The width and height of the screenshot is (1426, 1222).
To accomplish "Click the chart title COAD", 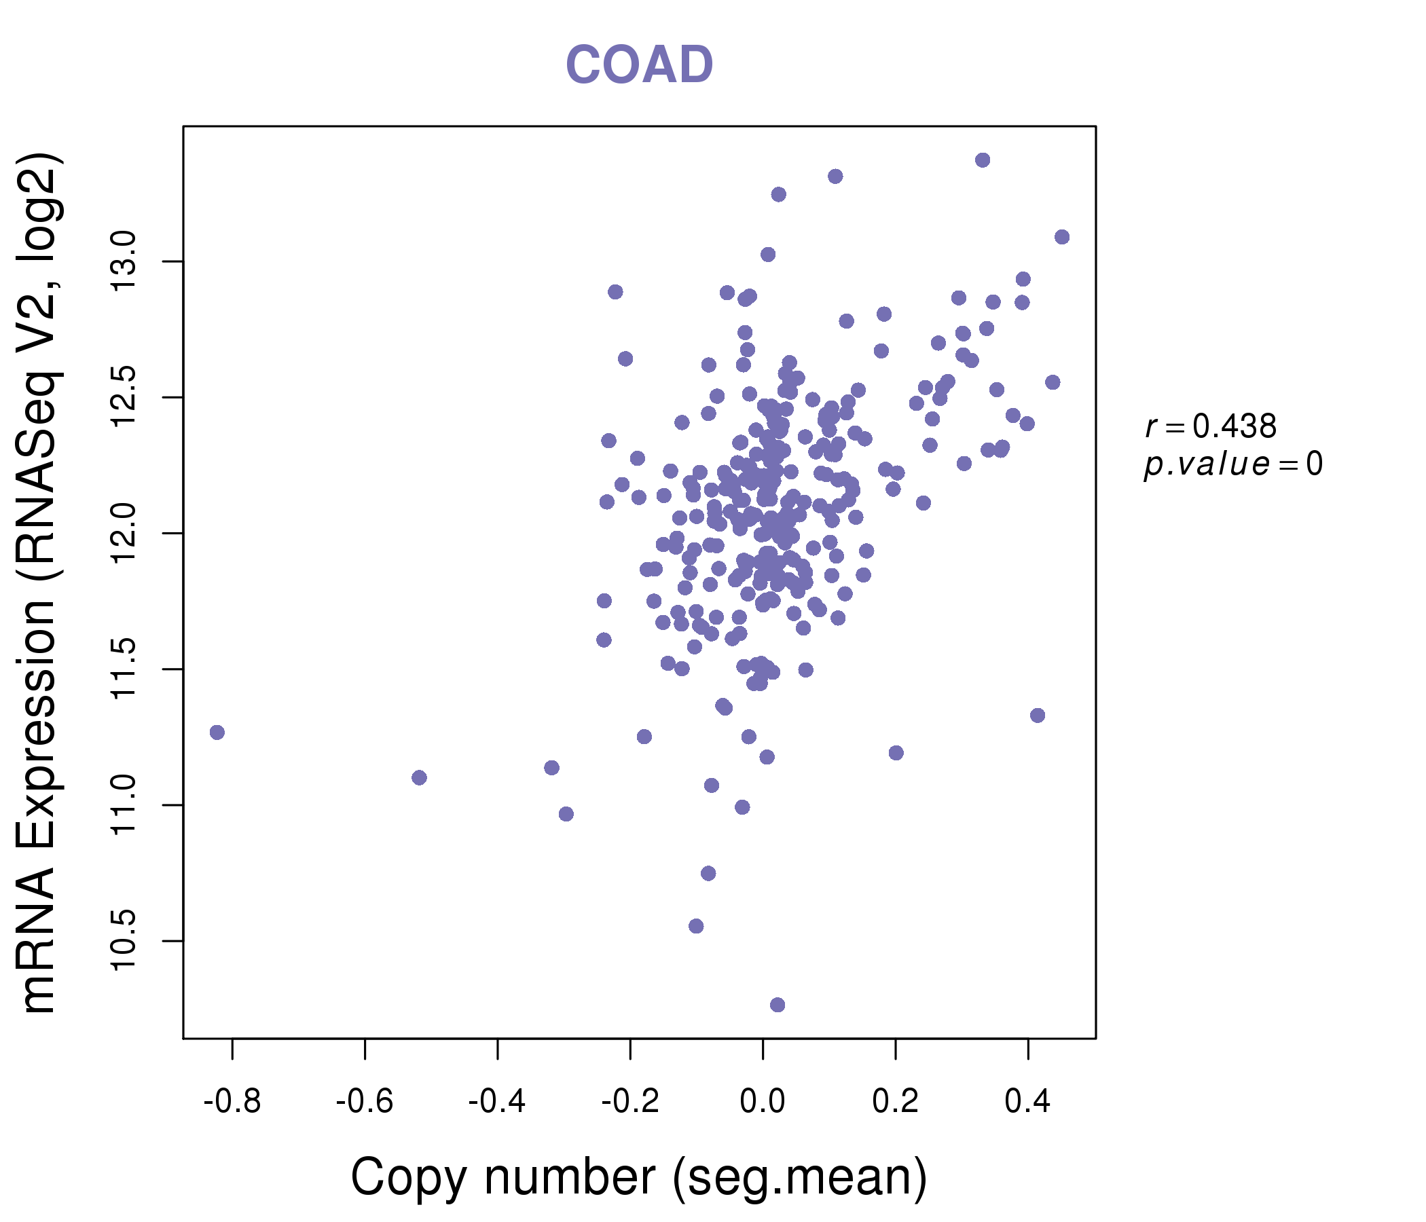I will (x=639, y=64).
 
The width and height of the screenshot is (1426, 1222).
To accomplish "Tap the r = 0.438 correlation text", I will (x=1211, y=426).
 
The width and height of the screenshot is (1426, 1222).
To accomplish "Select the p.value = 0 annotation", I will (x=1232, y=464).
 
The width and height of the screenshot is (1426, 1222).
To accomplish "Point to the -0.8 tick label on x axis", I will (x=232, y=1102).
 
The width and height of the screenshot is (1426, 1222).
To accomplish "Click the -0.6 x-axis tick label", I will (x=364, y=1102).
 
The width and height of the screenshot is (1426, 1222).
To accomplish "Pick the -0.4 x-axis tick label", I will (x=497, y=1102).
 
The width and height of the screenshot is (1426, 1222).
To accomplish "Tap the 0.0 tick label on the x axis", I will (x=762, y=1102).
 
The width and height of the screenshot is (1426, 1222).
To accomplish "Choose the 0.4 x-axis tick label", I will (x=1027, y=1102).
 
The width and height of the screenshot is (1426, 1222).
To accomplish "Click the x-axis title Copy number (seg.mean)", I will (x=639, y=1177).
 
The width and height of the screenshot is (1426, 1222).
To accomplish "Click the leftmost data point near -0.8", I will (x=217, y=732).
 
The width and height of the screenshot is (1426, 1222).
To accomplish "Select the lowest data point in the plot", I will (x=777, y=1005).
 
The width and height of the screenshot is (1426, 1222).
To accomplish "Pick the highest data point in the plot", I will (x=983, y=160).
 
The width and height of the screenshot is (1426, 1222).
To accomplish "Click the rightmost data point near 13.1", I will (x=1062, y=237).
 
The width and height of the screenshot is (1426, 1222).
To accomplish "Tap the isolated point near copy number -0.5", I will (x=419, y=777).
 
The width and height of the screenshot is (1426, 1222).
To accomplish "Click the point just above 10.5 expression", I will (x=696, y=926).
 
